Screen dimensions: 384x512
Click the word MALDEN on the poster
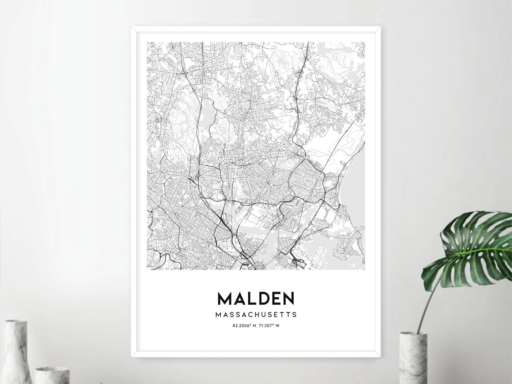point(256,298)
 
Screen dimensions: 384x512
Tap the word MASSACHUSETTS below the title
point(256,315)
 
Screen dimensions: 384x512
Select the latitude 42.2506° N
point(244,326)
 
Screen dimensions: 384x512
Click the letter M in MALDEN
point(224,298)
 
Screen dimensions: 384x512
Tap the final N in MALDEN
point(289,298)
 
